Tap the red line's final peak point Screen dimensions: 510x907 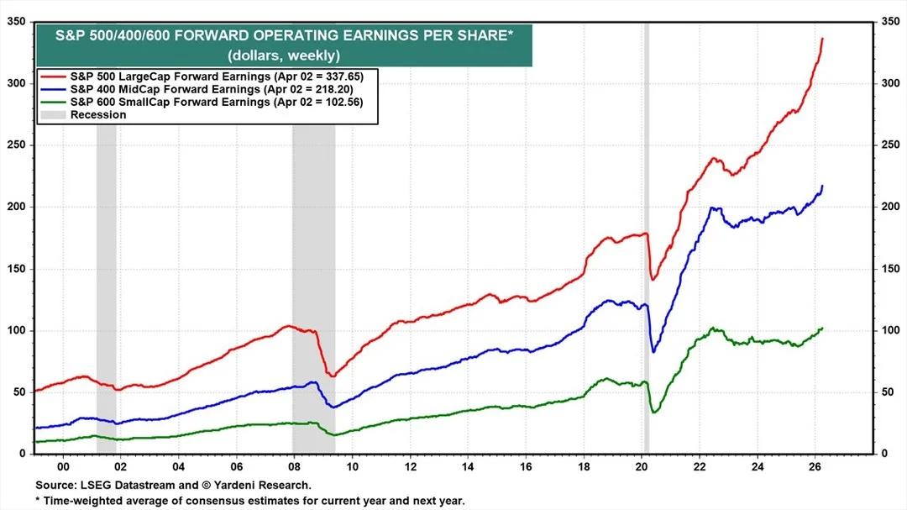pyautogui.click(x=822, y=39)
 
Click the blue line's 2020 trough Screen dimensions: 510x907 pyautogui.click(x=653, y=351)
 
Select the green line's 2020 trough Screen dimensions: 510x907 pyautogui.click(x=653, y=412)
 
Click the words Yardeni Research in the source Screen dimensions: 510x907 pyautogui.click(x=273, y=486)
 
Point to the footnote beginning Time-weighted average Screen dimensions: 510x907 pyautogui.click(x=252, y=501)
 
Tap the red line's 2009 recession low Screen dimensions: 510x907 pyautogui.click(x=331, y=376)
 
